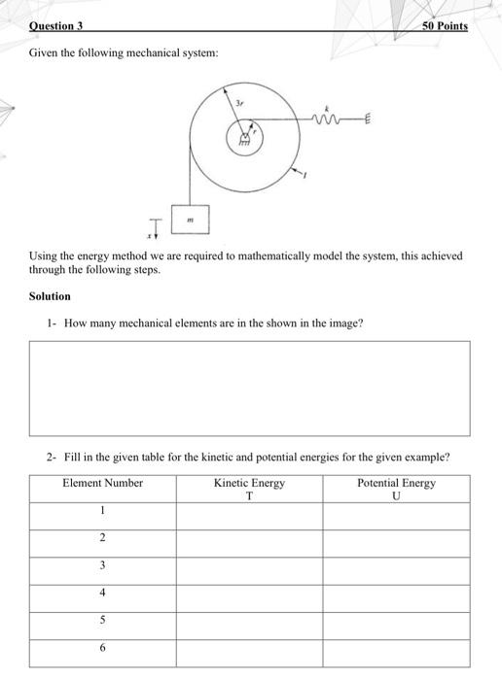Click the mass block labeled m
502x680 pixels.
click(x=192, y=220)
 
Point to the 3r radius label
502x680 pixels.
click(x=239, y=101)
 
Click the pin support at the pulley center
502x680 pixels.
click(x=245, y=139)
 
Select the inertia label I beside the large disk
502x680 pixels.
click(x=304, y=174)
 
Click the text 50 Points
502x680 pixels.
click(x=446, y=26)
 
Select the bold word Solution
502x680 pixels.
click(x=50, y=296)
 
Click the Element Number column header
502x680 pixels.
click(x=102, y=483)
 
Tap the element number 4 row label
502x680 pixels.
click(x=102, y=592)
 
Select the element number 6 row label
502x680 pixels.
click(x=102, y=646)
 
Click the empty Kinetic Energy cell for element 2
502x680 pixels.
click(x=249, y=538)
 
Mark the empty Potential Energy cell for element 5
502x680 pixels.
click(x=396, y=620)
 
